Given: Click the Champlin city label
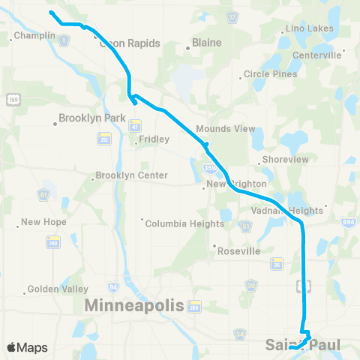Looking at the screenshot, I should (x=34, y=35).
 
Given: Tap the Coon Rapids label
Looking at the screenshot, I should (x=130, y=43).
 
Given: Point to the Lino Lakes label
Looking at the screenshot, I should (x=310, y=28).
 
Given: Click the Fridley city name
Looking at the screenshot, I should (x=155, y=139).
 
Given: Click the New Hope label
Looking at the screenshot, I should (x=43, y=222).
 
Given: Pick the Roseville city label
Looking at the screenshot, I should (x=238, y=251).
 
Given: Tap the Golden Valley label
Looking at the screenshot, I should (x=58, y=289).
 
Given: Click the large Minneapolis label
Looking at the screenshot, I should (x=134, y=306).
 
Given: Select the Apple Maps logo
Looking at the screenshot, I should (x=27, y=347).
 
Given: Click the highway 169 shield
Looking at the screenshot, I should (x=13, y=99).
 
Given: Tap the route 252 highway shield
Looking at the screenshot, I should (x=104, y=138).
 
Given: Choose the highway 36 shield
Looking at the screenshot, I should (x=276, y=263).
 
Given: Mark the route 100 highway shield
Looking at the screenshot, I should (x=52, y=242).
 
